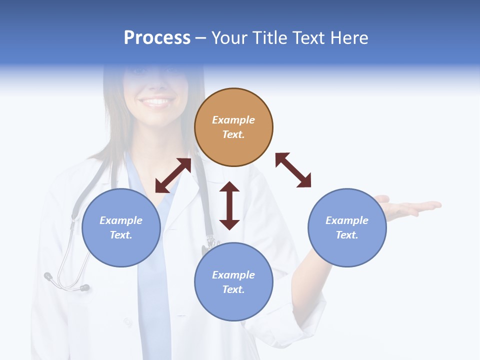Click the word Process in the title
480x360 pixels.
pos(157,38)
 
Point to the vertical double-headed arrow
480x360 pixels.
pos(229,205)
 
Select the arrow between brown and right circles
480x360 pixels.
pos(293,170)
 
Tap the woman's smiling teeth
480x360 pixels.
pos(157,102)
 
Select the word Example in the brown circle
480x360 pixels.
pos(233,120)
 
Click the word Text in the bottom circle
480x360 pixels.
pos(233,289)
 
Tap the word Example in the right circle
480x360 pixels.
pos(347,220)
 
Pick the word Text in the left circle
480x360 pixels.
pos(121,235)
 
